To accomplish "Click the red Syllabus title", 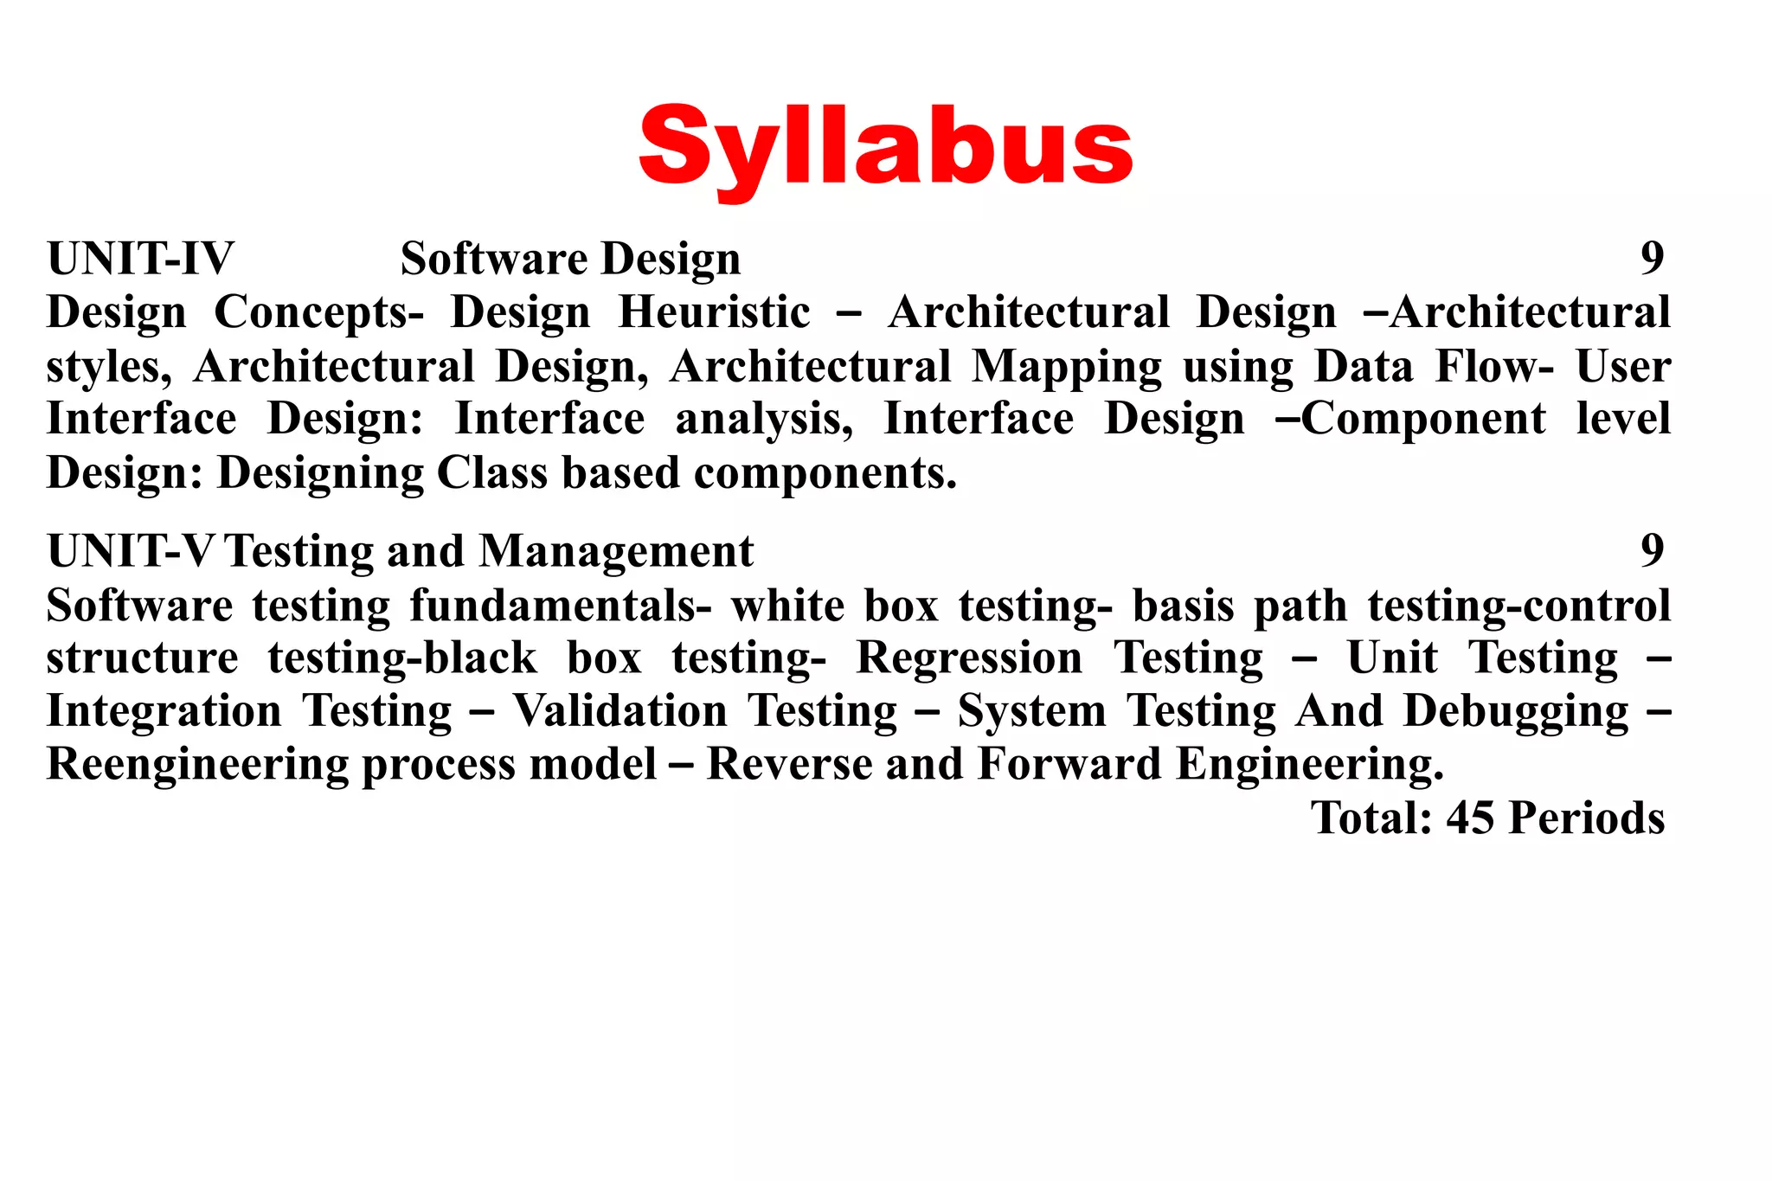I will [x=885, y=147].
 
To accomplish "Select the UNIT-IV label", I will [x=140, y=259].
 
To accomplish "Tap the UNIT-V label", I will [x=130, y=551].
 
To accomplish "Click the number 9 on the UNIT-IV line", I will [x=1652, y=258].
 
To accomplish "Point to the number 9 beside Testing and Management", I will [x=1652, y=550].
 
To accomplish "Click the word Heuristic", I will [x=715, y=312].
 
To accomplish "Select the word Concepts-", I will [x=318, y=314].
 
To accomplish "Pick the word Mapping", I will [x=1067, y=368].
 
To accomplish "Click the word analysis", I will [x=763, y=420].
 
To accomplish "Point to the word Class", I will [x=491, y=473].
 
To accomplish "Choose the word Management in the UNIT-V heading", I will [x=616, y=551].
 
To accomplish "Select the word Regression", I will [x=969, y=658].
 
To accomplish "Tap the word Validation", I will [x=620, y=711].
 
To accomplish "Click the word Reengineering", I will [x=197, y=766].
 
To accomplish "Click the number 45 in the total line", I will [x=1471, y=818].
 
